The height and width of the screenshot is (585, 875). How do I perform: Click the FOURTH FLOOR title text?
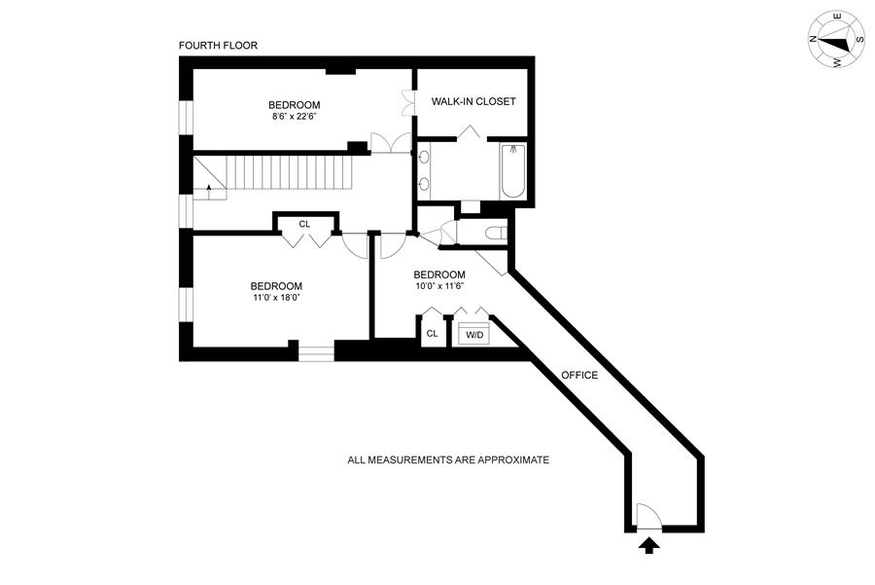click(x=218, y=46)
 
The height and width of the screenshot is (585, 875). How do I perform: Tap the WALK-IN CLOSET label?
click(x=473, y=101)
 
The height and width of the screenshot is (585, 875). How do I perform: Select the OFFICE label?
click(x=579, y=375)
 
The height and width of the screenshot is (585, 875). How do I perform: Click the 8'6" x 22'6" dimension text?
click(x=295, y=117)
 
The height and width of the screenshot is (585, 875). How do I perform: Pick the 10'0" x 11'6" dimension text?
click(x=438, y=286)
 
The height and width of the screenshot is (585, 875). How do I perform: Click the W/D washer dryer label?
click(x=474, y=334)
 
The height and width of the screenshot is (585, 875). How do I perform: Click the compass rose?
click(x=835, y=41)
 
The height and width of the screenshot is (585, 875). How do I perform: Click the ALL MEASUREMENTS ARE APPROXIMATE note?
click(x=448, y=459)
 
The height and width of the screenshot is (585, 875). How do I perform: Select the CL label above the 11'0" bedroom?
click(x=304, y=224)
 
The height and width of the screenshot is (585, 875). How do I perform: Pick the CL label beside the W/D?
click(x=432, y=333)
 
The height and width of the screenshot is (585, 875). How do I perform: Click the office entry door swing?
click(x=646, y=515)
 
